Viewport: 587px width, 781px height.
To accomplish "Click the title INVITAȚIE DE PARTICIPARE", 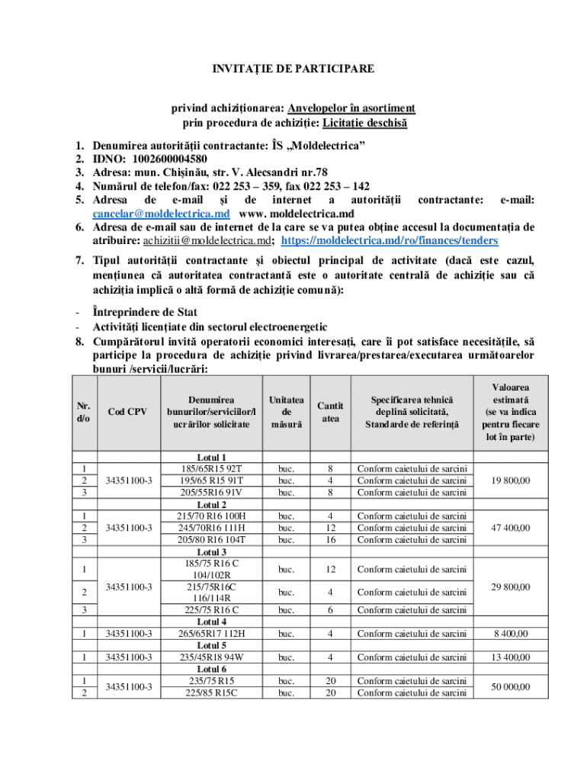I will coord(293,69).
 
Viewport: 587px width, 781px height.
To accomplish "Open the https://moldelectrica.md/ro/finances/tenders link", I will coord(390,240).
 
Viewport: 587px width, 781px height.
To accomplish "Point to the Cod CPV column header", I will coord(127,412).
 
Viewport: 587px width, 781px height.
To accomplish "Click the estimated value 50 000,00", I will coord(511,686).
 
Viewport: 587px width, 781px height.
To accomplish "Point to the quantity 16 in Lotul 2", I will coord(330,539).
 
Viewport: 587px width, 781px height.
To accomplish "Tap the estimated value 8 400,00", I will coord(511,633).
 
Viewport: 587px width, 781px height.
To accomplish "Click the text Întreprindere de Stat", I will coord(145,312).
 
